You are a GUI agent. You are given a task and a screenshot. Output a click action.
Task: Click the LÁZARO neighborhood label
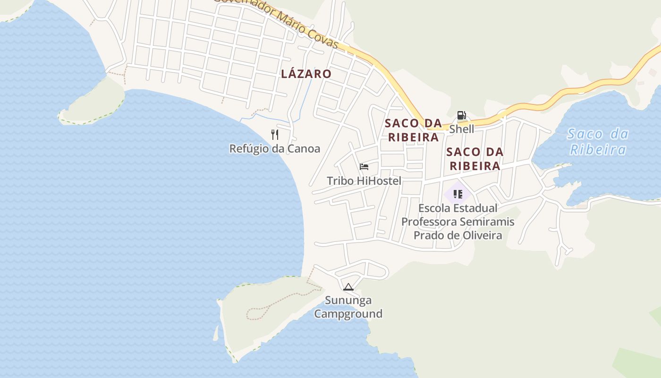click(306, 74)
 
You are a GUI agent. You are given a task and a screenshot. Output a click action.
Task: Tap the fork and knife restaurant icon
click(275, 135)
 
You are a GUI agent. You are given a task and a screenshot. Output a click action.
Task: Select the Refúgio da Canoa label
click(274, 148)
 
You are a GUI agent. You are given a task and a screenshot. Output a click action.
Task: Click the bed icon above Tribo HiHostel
click(364, 167)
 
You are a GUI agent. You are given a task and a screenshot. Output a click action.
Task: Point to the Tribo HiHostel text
click(364, 180)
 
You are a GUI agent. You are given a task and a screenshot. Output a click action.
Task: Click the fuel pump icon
click(461, 115)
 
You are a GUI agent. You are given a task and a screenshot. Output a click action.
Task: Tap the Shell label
click(461, 129)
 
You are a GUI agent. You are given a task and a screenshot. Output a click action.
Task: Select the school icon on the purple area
click(458, 194)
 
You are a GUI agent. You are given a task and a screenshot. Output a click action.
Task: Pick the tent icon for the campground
click(348, 287)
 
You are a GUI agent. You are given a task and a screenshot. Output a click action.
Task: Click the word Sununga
click(348, 300)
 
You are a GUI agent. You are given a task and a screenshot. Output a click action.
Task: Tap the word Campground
click(348, 314)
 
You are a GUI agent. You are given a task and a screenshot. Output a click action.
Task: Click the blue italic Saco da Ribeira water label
click(598, 142)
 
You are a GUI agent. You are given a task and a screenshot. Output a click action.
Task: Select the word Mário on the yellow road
click(290, 22)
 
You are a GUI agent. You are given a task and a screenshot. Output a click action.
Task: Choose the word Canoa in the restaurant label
click(304, 148)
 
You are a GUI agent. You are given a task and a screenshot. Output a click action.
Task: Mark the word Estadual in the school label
click(477, 208)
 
